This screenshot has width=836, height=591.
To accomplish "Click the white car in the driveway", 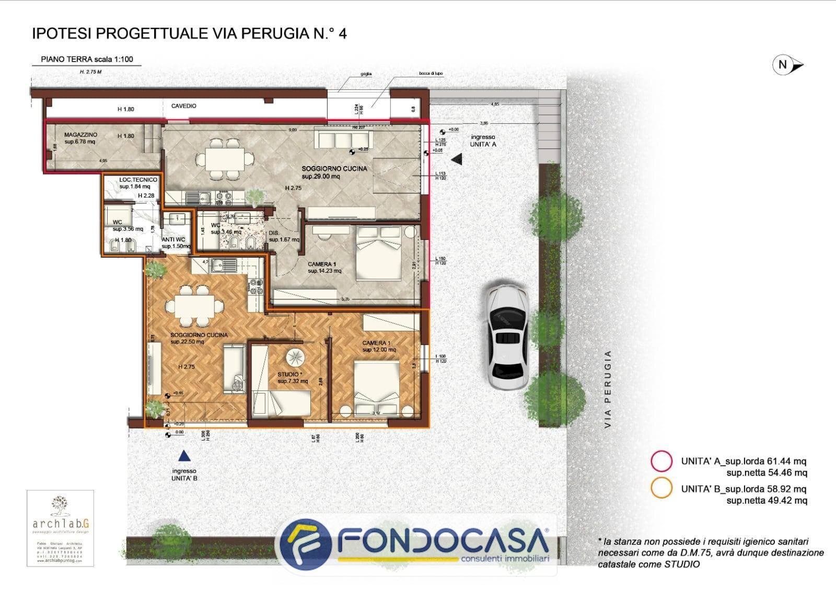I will pos(506,337).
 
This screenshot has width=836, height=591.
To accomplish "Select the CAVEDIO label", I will pos(184,106).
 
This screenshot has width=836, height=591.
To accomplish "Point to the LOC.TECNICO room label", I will pos(137,180).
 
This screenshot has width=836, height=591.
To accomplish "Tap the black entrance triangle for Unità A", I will pos(457,159).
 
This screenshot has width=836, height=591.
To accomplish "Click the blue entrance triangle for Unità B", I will pos(183,456).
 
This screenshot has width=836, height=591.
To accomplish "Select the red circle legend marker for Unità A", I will pos(661,461).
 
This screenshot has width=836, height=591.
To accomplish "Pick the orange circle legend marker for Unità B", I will pos(661,489).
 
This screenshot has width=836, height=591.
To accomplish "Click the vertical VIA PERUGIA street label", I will pos(608,389).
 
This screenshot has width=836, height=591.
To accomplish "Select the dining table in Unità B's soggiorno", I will pos(194,305).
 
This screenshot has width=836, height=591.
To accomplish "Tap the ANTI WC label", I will pos(173,240).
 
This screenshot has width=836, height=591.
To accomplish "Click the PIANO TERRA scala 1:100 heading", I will pos(87,59).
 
